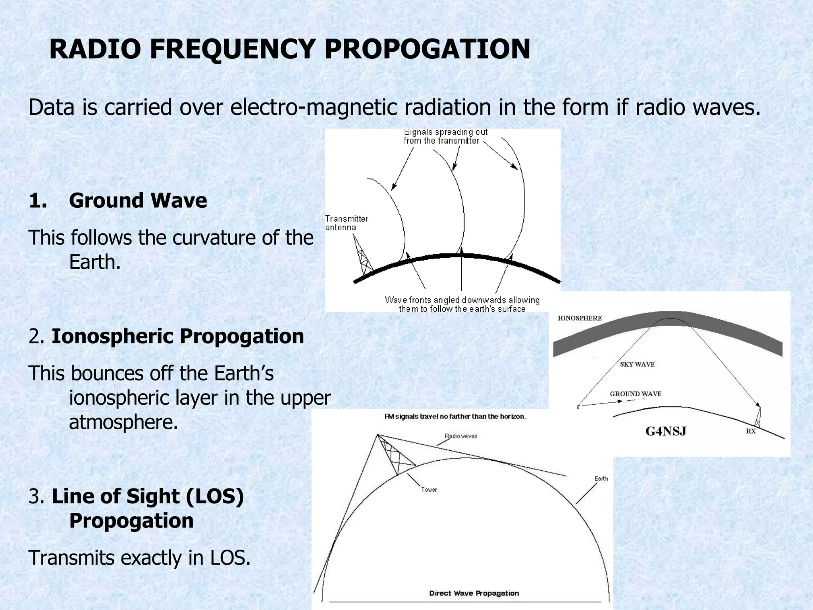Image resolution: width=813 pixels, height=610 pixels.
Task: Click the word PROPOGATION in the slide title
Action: tap(427, 49)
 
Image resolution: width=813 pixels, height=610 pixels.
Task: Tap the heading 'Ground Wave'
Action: tap(138, 201)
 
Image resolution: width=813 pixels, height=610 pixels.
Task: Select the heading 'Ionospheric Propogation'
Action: tap(177, 336)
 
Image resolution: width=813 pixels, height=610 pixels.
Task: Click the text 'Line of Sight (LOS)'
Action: tap(148, 496)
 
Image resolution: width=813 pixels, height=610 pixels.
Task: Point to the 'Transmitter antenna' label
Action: tap(346, 223)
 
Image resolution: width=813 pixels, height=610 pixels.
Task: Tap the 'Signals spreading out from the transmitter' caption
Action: tap(445, 136)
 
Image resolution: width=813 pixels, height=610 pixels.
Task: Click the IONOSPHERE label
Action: tap(579, 318)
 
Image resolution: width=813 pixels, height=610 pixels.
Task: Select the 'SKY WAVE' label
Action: tap(637, 364)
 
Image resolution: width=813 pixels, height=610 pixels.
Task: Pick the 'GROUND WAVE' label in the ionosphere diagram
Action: tap(635, 394)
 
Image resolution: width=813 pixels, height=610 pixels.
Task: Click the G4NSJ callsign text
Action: tap(665, 431)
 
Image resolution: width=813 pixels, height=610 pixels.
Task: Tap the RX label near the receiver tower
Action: tap(751, 431)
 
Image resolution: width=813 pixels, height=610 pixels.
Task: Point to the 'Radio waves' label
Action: tap(460, 436)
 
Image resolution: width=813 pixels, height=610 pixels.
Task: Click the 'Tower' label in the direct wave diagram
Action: tap(429, 490)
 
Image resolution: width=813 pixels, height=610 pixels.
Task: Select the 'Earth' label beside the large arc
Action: tap(601, 479)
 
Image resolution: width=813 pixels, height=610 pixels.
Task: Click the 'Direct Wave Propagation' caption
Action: tap(474, 593)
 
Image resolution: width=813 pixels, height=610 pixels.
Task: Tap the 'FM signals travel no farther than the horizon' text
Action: tap(455, 417)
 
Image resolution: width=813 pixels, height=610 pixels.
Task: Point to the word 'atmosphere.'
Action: tap(123, 422)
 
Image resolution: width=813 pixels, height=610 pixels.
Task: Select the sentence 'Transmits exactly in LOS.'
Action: tap(139, 558)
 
